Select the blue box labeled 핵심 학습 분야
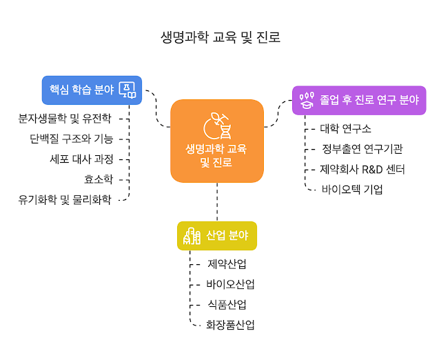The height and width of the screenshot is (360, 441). tap(91, 90)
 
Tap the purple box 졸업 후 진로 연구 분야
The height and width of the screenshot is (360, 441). tap(358, 99)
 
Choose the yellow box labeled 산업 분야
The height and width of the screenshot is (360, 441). tap(217, 235)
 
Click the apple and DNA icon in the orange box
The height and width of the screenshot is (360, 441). tap(217, 126)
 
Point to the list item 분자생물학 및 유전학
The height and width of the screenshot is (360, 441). tap(65, 118)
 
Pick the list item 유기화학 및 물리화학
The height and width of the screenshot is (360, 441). tap(65, 200)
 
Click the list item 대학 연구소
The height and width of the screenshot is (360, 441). tap(346, 128)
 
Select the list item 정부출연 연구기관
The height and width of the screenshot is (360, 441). tap(362, 148)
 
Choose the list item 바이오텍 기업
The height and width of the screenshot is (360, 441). tap(352, 189)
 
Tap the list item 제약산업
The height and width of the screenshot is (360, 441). tap(227, 264)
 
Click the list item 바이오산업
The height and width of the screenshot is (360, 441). tap(230, 284)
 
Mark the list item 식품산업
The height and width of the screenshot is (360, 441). tap(227, 304)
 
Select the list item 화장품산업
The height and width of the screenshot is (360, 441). tap(230, 325)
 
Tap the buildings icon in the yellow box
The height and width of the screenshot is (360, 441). tap(192, 236)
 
